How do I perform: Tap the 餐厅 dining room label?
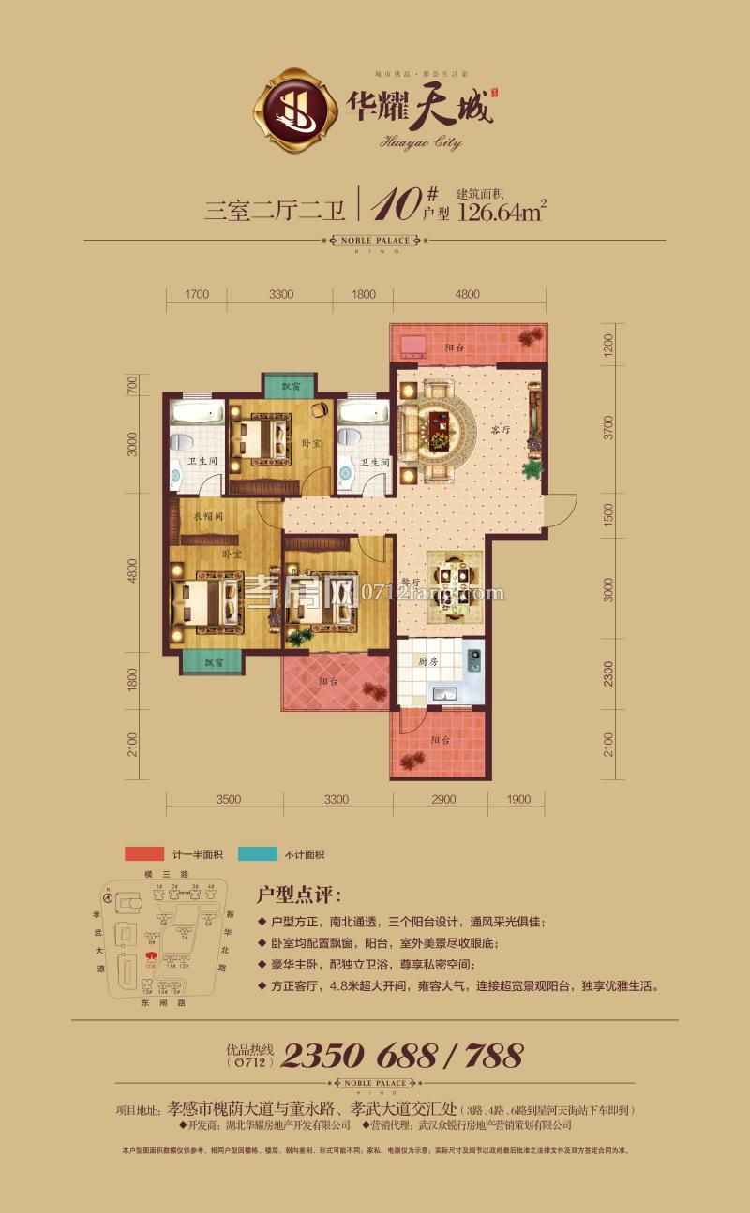click(410, 581)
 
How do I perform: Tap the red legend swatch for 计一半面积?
click(145, 854)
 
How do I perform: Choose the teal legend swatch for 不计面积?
click(258, 854)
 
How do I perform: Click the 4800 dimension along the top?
click(467, 295)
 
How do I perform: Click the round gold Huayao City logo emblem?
click(292, 110)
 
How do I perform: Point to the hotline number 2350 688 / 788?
click(401, 1056)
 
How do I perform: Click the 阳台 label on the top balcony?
click(455, 348)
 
